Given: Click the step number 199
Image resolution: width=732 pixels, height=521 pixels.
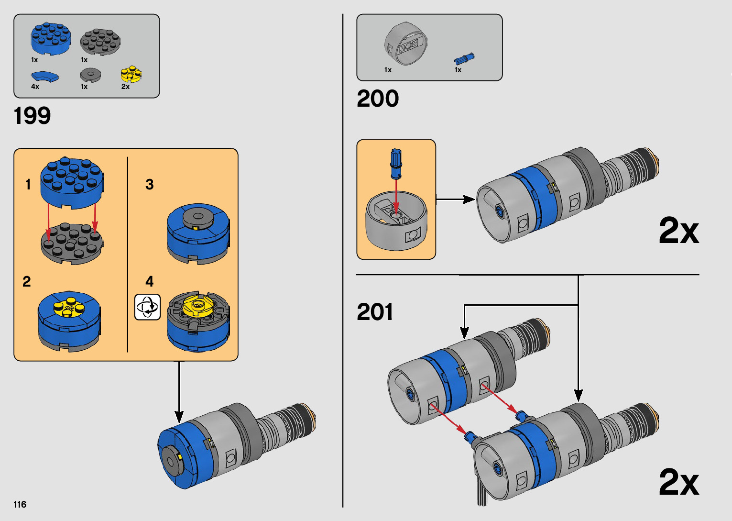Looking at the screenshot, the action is click(x=32, y=115).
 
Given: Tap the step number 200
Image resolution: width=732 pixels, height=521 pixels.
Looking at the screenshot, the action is click(x=378, y=99).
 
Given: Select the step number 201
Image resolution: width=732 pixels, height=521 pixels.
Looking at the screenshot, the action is click(x=374, y=311).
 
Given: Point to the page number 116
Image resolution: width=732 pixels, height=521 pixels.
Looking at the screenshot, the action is click(x=20, y=504).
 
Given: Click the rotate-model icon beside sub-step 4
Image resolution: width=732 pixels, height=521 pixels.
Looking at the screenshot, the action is click(x=147, y=307).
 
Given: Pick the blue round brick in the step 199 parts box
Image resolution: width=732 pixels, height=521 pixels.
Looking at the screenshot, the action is click(x=51, y=39).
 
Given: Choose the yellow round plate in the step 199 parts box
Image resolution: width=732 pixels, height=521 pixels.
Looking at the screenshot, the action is click(x=131, y=74).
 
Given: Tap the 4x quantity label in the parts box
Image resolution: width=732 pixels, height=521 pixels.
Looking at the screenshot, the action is click(x=35, y=86).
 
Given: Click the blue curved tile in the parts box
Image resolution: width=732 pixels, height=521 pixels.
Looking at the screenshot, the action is click(x=45, y=76).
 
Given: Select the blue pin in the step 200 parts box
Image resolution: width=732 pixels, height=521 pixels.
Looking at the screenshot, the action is click(x=464, y=59).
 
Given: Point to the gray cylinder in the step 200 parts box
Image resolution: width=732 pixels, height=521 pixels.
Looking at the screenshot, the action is click(x=405, y=44).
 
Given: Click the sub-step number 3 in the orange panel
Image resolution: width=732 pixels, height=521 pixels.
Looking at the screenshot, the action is click(x=149, y=185).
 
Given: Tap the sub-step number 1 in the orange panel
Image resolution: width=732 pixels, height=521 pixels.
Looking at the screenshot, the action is click(x=28, y=185).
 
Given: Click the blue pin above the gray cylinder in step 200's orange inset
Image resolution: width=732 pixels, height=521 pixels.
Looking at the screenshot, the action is click(x=396, y=164).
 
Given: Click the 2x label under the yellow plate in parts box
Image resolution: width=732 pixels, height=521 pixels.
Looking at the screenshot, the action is click(x=125, y=86).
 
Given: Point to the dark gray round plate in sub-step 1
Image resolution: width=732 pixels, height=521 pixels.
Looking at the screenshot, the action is click(x=72, y=244).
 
